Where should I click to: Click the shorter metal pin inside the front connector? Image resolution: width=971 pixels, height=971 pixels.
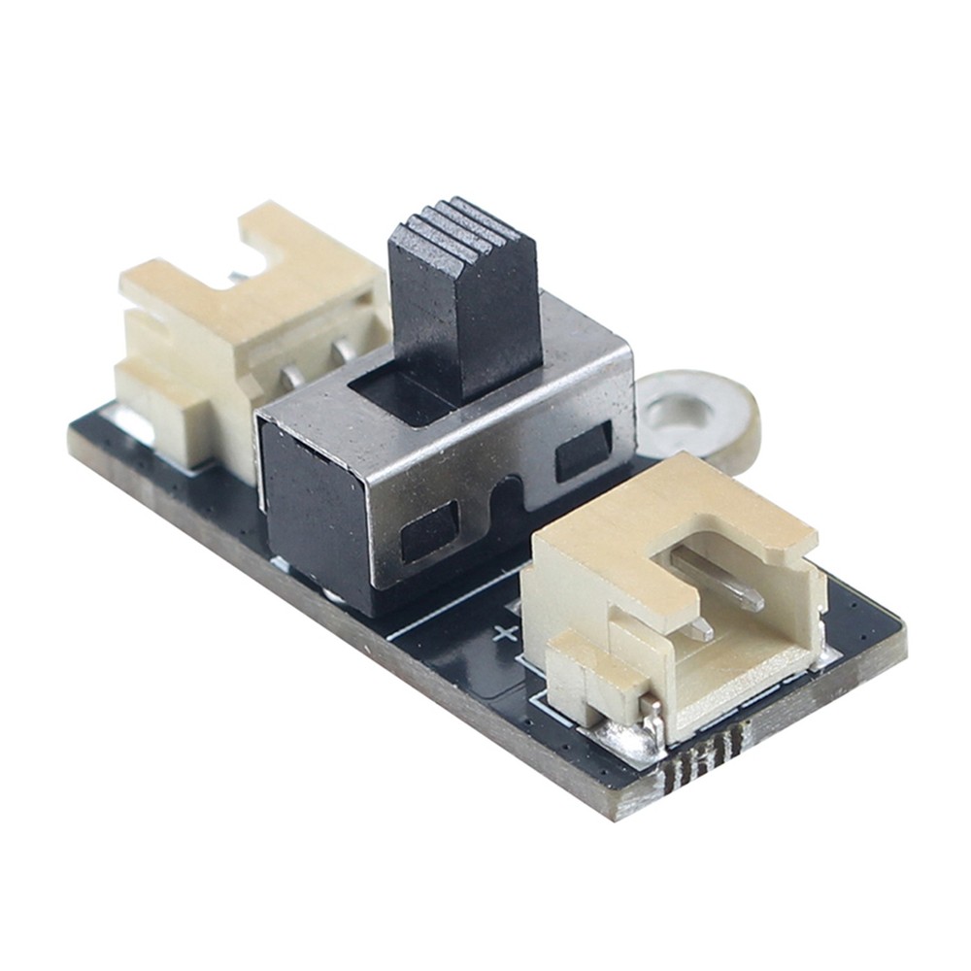pyautogui.click(x=694, y=628)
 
